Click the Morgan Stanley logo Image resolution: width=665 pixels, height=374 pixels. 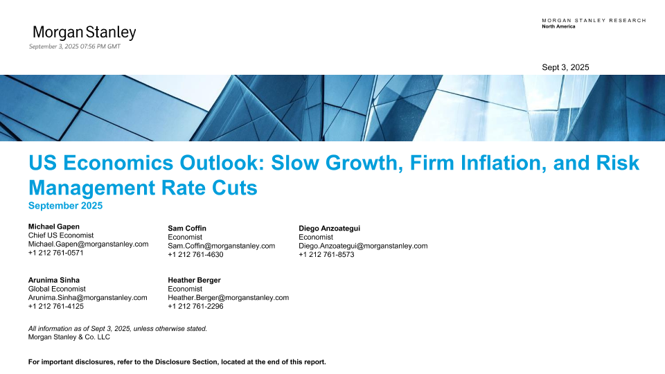tap(85, 33)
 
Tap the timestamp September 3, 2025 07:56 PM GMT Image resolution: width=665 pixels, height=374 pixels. tap(75, 46)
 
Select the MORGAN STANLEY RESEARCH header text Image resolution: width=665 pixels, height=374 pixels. tap(594, 20)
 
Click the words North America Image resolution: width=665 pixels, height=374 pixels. tap(558, 26)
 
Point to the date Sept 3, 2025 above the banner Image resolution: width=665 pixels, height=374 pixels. tap(565, 67)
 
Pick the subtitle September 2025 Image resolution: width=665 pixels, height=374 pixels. tap(65, 206)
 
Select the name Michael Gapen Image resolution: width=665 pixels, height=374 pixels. tap(54, 227)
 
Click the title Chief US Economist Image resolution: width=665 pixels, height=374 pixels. tap(61, 235)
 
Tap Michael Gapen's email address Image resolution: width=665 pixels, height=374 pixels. tap(88, 244)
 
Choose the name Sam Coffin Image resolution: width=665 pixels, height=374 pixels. tap(187, 229)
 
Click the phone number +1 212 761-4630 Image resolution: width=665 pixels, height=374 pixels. tap(195, 255)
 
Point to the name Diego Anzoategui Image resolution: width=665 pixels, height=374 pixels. tap(330, 229)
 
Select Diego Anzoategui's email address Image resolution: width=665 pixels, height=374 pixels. tap(363, 246)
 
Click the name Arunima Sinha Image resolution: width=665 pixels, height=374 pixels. tap(54, 280)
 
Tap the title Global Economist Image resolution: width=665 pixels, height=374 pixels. tap(57, 290)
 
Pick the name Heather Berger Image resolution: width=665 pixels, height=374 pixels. tap(194, 280)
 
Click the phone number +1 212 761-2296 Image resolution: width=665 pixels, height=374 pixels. tap(195, 307)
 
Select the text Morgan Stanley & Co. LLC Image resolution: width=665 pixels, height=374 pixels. tap(69, 337)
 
